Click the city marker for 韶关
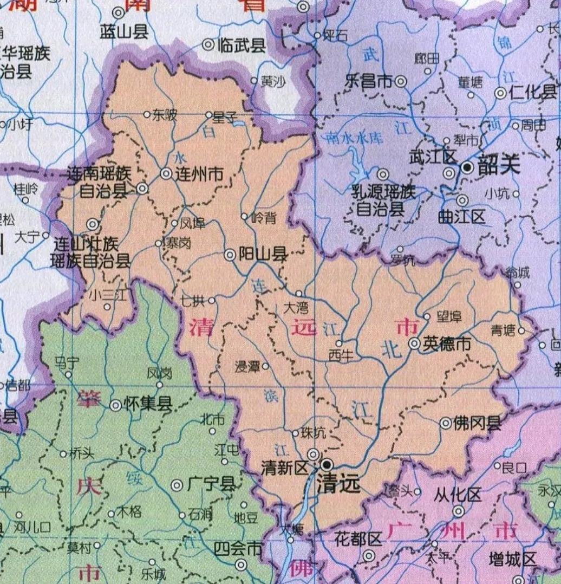tap(467, 167)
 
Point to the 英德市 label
tap(447, 343)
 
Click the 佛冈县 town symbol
tap(446, 423)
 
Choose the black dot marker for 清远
tap(327, 465)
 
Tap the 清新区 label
tap(284, 469)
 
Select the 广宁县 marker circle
tap(177, 485)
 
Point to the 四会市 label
tap(238, 549)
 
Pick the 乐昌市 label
tap(368, 81)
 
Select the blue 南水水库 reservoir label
tap(354, 138)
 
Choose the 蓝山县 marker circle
tap(118, 12)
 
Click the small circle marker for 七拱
tap(212, 300)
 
